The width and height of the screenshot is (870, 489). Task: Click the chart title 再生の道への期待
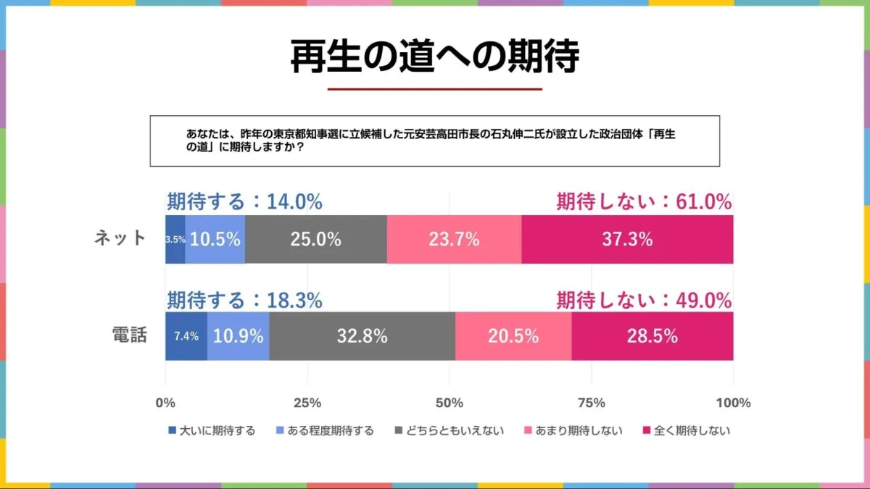pos(435,57)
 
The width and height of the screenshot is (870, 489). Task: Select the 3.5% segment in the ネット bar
pos(175,240)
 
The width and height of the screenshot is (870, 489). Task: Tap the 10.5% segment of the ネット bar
pos(215,240)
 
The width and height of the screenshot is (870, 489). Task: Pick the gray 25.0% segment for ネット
pos(316,240)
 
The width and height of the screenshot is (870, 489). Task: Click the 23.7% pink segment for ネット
pos(454,240)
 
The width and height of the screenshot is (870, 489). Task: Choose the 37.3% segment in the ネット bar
pos(627,240)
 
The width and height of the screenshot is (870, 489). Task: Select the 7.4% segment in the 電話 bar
pos(186,336)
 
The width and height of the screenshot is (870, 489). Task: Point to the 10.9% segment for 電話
pos(239,336)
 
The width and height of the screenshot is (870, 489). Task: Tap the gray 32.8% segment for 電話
pos(362,336)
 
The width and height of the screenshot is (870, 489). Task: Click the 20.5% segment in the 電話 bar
pos(513,336)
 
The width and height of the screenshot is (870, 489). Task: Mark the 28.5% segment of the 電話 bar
pos(652,336)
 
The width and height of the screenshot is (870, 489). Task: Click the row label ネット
pos(120,238)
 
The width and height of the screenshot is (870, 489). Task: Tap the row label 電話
pos(130,335)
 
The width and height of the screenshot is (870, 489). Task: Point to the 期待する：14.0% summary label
pos(244,202)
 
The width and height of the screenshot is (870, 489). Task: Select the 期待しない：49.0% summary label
pos(644,300)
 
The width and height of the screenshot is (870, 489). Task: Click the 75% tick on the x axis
pos(592,403)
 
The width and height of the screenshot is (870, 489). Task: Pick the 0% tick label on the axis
pos(165,403)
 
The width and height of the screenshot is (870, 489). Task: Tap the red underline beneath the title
pos(435,89)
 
